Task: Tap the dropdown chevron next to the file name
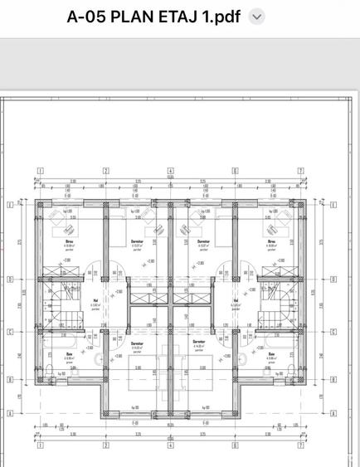tap(257, 17)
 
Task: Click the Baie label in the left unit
tap(69, 354)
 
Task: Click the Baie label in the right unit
tap(271, 354)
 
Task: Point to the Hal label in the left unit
tap(95, 300)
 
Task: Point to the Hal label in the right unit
tap(236, 300)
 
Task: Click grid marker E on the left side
tap(9, 202)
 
